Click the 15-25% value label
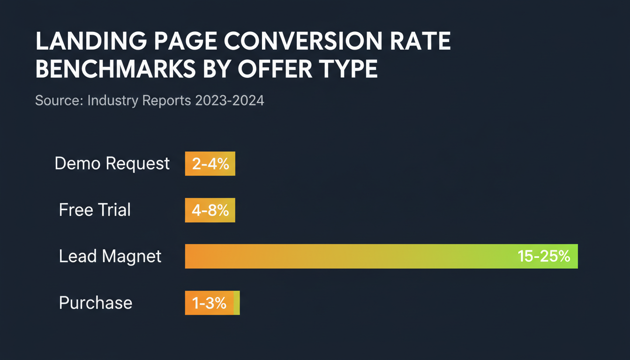tap(544, 256)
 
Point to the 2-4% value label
tap(210, 164)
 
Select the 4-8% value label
tap(210, 210)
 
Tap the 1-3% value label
tap(210, 303)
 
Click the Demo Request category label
tap(112, 164)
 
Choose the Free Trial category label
tap(95, 210)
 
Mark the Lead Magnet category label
tap(110, 256)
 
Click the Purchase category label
tap(96, 303)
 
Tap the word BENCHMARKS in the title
tap(115, 69)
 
